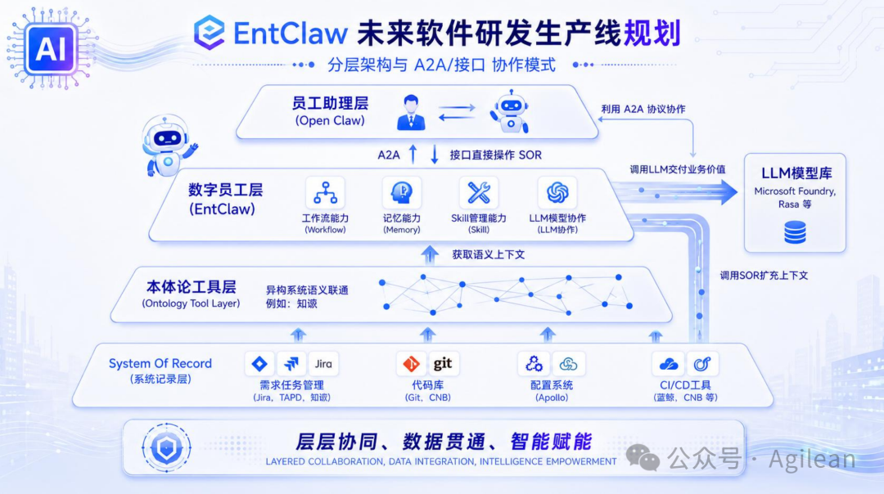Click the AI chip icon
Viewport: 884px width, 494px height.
(50, 50)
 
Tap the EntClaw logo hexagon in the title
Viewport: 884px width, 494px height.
(210, 32)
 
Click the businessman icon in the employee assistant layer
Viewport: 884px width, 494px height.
(411, 113)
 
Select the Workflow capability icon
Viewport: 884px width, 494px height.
(325, 193)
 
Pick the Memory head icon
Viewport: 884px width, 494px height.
(401, 193)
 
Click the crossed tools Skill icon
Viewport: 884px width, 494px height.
(479, 193)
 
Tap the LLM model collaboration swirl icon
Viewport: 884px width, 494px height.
(557, 193)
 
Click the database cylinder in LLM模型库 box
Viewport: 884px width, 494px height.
(795, 232)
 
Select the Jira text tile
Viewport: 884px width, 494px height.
(323, 364)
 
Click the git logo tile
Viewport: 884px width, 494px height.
(443, 364)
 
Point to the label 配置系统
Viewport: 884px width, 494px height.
(552, 385)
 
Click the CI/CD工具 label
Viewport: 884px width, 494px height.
(685, 385)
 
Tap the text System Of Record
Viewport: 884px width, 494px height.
(160, 363)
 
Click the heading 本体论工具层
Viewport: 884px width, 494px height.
(191, 287)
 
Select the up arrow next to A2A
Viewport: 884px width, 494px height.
(413, 154)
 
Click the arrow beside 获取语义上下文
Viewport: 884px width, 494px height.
(430, 254)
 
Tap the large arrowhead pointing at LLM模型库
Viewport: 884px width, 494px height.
(728, 192)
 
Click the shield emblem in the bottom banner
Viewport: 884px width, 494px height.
(166, 448)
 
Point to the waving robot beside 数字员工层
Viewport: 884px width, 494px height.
(168, 146)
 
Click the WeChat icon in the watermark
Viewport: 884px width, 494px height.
(643, 456)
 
